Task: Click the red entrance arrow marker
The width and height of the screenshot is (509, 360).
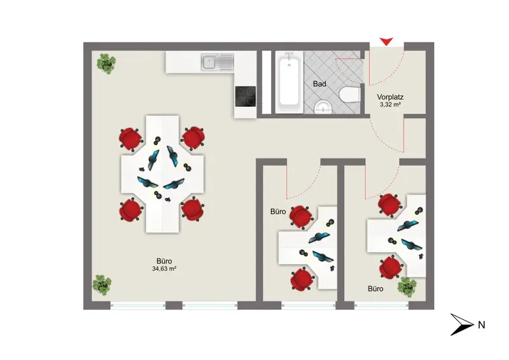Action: point(387,41)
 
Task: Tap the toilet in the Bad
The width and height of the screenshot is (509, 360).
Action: point(350,94)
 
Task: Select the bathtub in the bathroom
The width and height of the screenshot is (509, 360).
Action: point(289,82)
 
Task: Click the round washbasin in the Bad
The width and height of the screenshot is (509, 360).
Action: point(323,107)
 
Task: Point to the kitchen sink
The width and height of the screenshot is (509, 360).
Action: point(217,62)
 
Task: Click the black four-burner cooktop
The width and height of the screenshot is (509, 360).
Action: point(246,97)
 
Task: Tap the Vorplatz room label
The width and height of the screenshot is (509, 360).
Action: point(390,97)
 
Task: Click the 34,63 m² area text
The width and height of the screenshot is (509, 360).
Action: point(164,269)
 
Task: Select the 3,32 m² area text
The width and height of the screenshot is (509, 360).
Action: point(390,104)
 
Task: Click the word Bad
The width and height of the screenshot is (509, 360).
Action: point(319,84)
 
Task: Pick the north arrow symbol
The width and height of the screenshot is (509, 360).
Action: point(462,324)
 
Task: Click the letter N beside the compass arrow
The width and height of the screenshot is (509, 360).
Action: point(482,324)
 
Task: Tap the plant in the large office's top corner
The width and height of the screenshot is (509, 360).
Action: point(106,64)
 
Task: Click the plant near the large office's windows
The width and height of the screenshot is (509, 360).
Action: point(102,285)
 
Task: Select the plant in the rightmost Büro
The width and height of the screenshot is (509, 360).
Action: point(407,287)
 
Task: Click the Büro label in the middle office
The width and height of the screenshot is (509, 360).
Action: point(278,212)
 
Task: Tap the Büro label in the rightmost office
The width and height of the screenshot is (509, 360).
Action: point(375,289)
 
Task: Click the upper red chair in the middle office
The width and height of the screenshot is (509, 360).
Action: point(301,216)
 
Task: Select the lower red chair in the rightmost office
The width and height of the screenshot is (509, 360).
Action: point(391,267)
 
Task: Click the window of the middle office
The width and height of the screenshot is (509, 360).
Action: point(308,305)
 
